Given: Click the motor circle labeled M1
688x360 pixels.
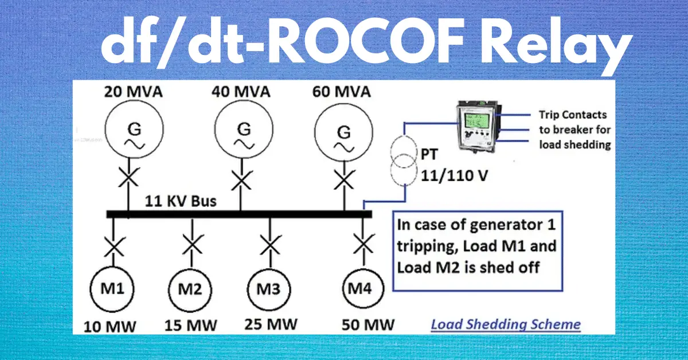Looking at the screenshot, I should pos(112,290).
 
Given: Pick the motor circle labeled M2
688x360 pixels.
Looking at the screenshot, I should pos(191,290).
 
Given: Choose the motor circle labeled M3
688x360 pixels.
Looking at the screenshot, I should pos(269,290).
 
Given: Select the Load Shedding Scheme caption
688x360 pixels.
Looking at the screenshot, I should pos(506,324).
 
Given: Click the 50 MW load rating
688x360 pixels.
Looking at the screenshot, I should pos(366,325).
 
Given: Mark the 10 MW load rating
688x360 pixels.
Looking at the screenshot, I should pos(110,326).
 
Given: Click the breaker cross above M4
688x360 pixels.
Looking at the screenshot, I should pos(362,245).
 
